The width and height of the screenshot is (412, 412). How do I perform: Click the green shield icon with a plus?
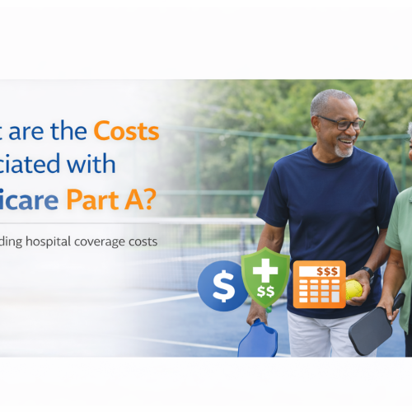coord(265,279)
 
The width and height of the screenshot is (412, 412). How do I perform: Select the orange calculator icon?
coord(318,285)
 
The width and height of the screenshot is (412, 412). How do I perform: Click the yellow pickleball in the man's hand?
coord(353,289)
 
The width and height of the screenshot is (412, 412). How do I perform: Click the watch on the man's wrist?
coord(368,272)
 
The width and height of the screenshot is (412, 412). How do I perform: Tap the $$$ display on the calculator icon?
coord(318,269)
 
